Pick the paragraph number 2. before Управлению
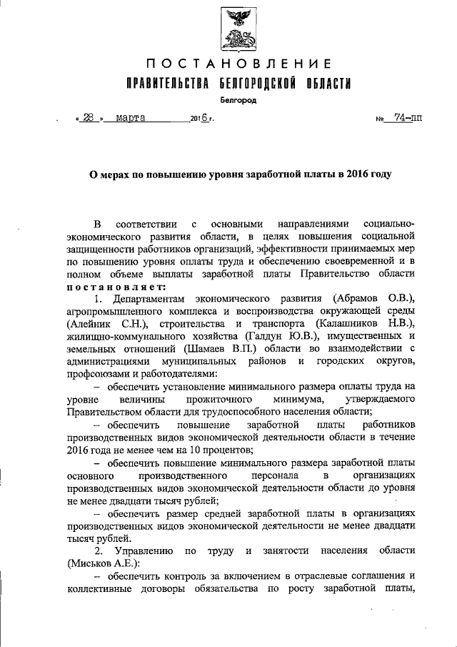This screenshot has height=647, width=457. click(x=99, y=551)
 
